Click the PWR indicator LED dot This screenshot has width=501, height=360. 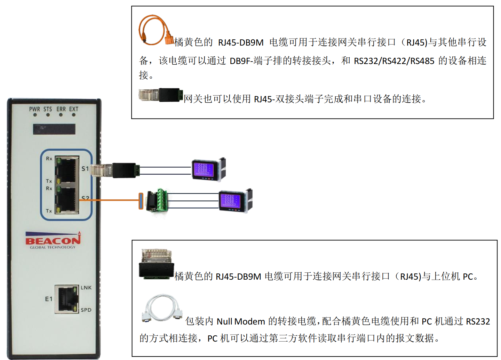coord(35,115)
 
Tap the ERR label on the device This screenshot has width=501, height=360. coord(61,109)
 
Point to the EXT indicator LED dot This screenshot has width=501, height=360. coord(74,115)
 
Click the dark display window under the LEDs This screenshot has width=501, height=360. coord(54,129)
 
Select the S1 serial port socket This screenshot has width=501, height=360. coord(67,169)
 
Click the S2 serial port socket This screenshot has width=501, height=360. coord(67,199)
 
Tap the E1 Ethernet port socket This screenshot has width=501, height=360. coord(67,299)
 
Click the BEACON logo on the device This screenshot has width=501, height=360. coord(53,240)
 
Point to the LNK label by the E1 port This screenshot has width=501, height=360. coord(86,288)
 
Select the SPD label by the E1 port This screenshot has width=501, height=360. coord(86,310)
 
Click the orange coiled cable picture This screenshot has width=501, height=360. coord(156,30)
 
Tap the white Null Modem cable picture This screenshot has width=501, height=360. coord(162,308)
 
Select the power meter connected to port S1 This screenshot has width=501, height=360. coord(209,169)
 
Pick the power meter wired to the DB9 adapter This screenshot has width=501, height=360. coord(236,201)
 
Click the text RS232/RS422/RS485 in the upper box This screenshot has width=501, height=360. coord(394,61)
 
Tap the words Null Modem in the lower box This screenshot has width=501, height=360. coord(241,321)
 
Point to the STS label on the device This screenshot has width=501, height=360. coord(48,109)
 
